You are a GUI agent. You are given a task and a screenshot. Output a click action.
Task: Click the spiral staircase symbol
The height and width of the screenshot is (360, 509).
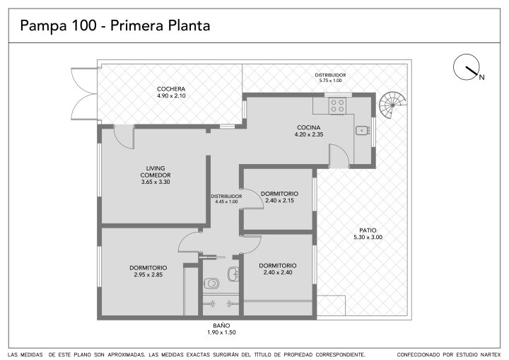click(x=393, y=105)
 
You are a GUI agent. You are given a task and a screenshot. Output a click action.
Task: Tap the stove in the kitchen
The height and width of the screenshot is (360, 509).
click(x=338, y=105)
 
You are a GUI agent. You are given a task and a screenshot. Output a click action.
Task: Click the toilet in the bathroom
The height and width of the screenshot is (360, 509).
click(x=211, y=284)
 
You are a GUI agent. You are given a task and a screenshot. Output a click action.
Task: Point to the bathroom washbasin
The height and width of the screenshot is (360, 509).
click(x=233, y=274)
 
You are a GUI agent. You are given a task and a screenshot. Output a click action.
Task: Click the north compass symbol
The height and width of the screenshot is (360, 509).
click(x=467, y=67)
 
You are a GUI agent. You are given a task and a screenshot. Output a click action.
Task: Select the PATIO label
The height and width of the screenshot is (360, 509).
click(x=368, y=231)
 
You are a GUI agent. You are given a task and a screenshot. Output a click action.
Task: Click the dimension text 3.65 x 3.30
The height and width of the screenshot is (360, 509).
click(x=156, y=182)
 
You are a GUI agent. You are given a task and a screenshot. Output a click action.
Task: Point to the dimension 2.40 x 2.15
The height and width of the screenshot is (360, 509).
click(x=279, y=200)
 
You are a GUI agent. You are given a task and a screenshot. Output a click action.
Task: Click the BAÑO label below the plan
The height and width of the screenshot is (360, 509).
click(x=221, y=325)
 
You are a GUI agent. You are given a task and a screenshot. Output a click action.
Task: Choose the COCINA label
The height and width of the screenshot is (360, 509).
click(x=309, y=127)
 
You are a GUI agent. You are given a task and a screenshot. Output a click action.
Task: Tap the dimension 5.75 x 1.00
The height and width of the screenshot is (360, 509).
click(x=330, y=81)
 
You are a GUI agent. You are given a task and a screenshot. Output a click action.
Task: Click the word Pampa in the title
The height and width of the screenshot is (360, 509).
click(x=42, y=26)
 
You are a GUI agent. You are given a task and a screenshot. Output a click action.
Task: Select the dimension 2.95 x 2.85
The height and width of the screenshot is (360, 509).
click(x=148, y=274)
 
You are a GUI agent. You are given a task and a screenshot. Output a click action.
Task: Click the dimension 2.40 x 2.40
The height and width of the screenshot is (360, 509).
click(x=278, y=272)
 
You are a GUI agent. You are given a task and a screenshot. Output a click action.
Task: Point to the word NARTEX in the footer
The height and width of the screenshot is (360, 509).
click(x=489, y=354)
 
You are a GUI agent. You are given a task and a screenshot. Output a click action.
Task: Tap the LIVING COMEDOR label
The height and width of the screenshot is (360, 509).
click(x=156, y=172)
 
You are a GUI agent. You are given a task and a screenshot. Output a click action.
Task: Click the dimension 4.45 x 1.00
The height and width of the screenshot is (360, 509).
click(x=227, y=202)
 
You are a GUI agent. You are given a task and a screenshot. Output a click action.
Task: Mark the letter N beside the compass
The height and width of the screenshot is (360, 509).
click(x=482, y=77)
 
